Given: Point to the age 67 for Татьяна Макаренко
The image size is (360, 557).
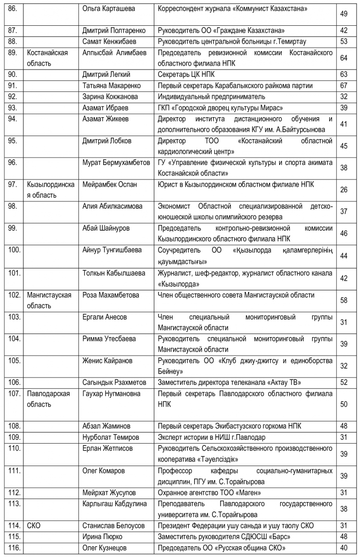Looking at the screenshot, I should coord(343,85).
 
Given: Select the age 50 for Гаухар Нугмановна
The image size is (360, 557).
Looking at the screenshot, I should coord(343,404).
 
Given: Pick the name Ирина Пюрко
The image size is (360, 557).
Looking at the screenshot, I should coord(102,537).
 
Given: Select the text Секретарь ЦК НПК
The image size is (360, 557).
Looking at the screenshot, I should coord(186,74).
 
